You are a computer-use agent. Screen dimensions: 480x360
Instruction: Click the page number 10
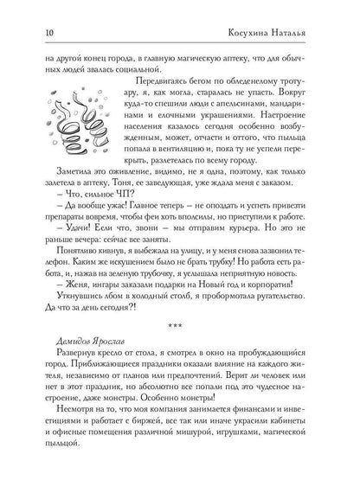(34, 11)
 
